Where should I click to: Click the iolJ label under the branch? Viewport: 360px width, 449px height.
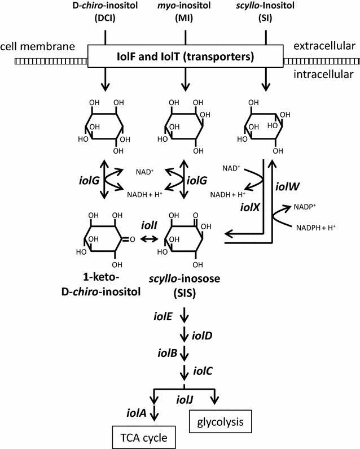point(183,399)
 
